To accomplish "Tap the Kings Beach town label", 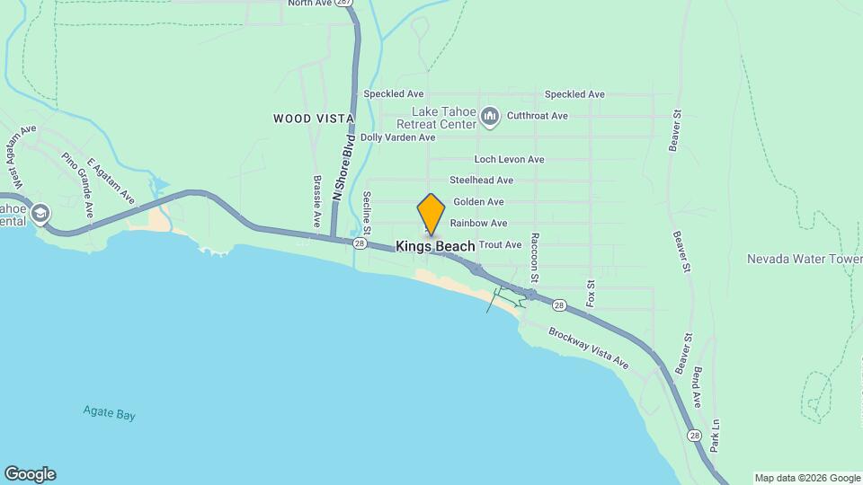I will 436,245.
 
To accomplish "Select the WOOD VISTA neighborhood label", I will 314,119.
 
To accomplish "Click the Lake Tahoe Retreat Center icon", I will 490,115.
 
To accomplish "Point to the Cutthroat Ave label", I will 538,116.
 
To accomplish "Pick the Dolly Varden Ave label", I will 397,137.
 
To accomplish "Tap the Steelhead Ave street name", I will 481,181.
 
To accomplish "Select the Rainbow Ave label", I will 478,223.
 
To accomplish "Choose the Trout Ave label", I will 500,244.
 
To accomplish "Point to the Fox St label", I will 591,293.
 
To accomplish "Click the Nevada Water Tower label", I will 804,259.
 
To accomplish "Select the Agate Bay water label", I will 110,414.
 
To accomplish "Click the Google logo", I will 30,474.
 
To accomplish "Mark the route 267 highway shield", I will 343,4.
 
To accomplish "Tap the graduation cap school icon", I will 40,214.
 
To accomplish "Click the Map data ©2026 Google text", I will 807,478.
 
